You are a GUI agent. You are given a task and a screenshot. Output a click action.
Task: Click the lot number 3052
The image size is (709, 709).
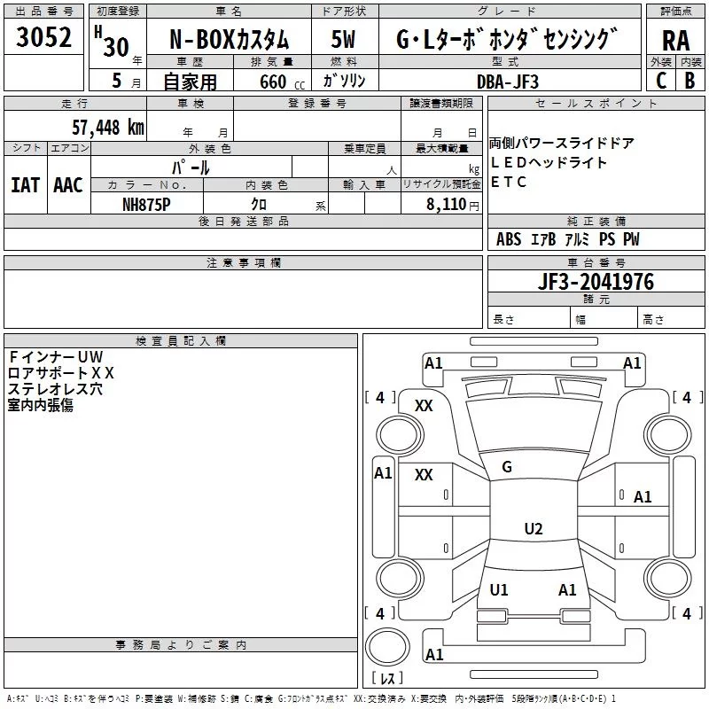pos(43,37)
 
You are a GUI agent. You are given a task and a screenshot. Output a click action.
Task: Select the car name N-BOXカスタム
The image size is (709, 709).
pos(229,40)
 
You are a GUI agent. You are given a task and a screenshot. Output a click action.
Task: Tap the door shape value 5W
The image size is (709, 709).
pos(343,39)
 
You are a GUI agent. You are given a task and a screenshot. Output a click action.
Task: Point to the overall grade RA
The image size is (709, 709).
pos(675,41)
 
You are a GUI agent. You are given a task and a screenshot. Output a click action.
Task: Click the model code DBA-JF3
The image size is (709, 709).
pos(508,82)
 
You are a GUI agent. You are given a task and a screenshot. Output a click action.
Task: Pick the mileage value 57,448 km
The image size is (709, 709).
pos(108,127)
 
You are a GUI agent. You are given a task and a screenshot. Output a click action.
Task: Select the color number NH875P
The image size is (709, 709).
pos(146,205)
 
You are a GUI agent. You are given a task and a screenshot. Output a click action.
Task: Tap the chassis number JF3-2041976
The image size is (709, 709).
pos(596,282)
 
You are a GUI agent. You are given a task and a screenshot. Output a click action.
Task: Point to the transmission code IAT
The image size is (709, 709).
pos(26,185)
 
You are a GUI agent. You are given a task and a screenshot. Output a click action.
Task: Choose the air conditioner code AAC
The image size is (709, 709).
pos(68,185)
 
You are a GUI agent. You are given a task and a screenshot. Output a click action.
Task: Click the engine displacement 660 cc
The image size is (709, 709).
pos(282,82)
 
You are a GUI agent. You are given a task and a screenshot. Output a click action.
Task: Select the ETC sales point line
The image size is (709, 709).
pos(508,182)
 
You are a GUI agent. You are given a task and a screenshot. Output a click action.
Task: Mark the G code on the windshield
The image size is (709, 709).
pos(507,467)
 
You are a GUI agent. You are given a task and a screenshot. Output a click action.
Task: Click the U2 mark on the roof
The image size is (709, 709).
pos(534,528)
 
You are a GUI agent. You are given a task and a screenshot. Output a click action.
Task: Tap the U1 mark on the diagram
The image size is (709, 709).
pos(499,589)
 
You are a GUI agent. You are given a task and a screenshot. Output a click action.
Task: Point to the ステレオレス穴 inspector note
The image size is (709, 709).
pos(55,389)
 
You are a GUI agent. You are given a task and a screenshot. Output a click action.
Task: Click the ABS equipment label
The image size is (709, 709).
pos(509,239)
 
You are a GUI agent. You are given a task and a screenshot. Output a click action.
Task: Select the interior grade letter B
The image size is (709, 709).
pos(690,81)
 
